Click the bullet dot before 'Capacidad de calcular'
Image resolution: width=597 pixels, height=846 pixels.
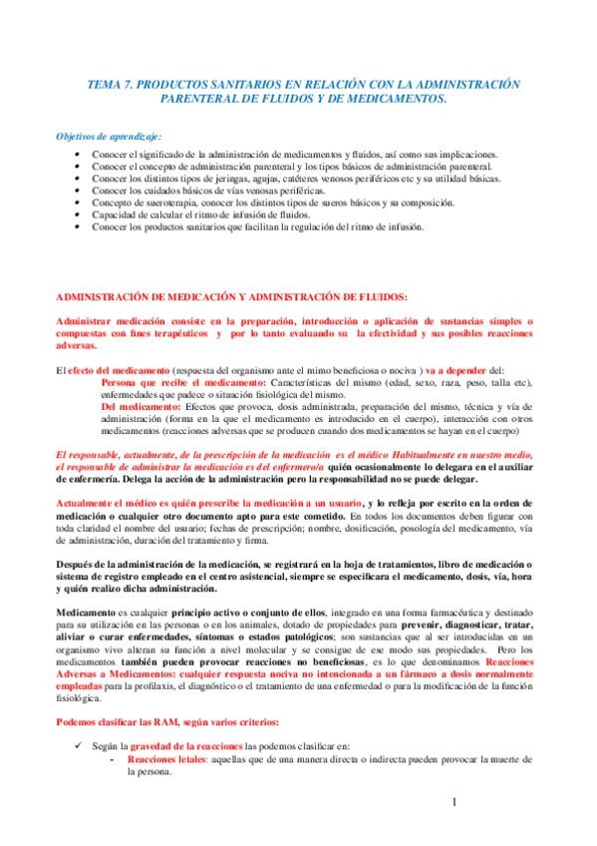tap(78, 214)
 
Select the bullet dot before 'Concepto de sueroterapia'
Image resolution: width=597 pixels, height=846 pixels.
tap(78, 203)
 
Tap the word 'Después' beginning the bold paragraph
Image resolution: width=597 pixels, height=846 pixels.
tap(76, 565)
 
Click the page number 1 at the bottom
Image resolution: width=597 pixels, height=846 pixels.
tap(452, 802)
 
